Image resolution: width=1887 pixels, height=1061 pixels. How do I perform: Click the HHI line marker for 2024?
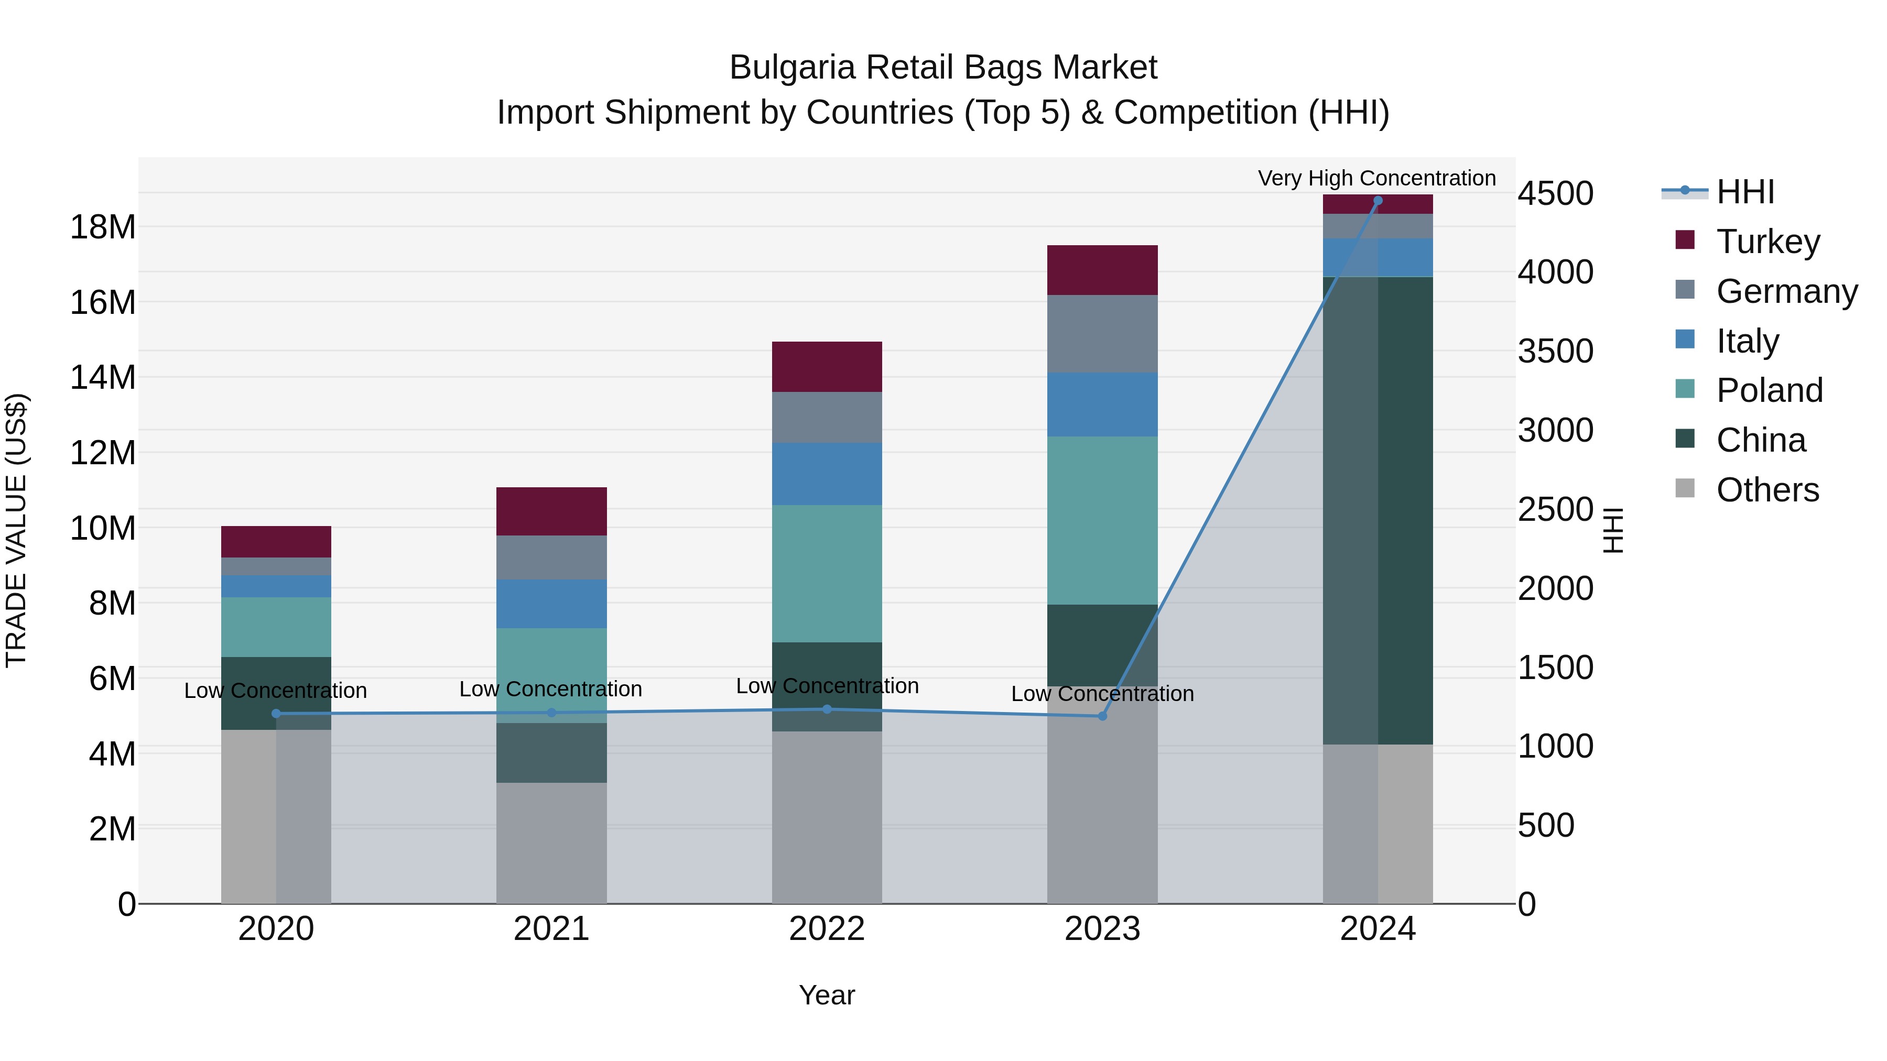(1377, 201)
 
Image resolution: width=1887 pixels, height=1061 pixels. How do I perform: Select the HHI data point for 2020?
(276, 713)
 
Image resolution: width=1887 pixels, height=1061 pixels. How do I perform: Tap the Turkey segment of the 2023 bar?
(1102, 270)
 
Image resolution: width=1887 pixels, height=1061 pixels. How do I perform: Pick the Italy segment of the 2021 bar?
(551, 604)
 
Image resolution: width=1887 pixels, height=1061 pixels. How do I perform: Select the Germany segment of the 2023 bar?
(1102, 333)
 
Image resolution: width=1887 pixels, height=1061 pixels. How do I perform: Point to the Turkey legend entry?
(1767, 242)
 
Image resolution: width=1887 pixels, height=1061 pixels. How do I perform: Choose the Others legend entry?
(1767, 490)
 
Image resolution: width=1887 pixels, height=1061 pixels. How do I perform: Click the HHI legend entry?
(1745, 192)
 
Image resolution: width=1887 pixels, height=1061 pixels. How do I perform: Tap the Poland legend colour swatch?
(1685, 389)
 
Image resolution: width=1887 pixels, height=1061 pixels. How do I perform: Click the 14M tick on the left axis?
(103, 378)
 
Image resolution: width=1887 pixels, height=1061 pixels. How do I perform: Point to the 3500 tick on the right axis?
(1555, 352)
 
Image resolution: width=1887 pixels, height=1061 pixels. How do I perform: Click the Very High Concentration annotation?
(1376, 178)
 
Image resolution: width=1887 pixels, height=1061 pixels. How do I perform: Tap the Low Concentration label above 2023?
(1102, 693)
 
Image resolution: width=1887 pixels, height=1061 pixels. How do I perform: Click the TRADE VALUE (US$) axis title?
(16, 530)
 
